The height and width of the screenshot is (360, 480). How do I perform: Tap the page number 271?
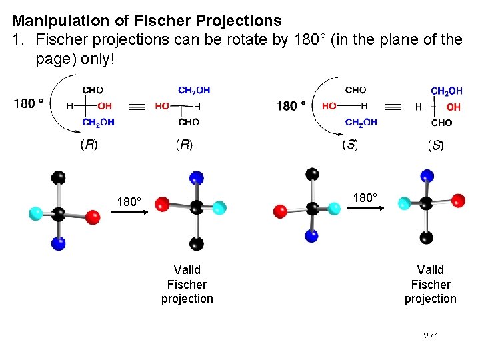[431, 336]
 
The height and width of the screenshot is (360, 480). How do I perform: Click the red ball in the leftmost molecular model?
[93, 217]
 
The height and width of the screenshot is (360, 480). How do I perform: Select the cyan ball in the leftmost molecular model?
[36, 213]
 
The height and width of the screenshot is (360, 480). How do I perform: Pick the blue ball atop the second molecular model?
[196, 177]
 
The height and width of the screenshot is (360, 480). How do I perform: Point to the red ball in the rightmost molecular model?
[458, 199]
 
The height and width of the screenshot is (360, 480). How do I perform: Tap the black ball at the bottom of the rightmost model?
[427, 237]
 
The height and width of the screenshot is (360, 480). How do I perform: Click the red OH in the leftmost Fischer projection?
[105, 105]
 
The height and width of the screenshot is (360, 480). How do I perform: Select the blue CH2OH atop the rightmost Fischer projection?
[447, 91]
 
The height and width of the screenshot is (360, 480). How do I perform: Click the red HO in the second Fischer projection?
[161, 106]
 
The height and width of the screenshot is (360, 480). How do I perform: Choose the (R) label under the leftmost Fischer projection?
[89, 145]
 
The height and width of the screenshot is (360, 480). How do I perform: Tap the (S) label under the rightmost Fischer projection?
[435, 145]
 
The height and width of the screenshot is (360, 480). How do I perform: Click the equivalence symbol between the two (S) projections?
[393, 107]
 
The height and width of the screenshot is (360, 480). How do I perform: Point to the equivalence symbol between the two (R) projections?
[136, 106]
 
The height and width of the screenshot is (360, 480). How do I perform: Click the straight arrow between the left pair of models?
[132, 214]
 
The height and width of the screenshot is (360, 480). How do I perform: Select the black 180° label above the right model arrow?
[365, 197]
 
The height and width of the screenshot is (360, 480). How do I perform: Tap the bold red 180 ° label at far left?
[29, 103]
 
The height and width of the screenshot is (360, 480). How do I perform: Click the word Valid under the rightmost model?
[430, 269]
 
